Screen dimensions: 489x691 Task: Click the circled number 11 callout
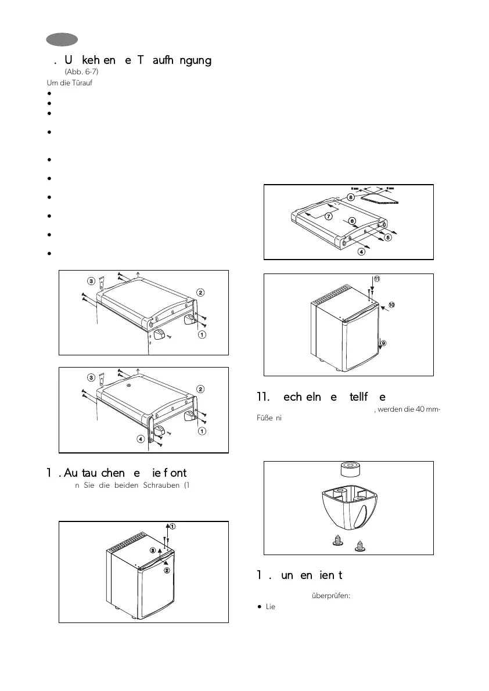point(376,279)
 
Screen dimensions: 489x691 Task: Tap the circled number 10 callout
point(391,304)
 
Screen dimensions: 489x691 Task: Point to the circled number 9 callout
point(383,343)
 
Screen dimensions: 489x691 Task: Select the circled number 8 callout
point(351,197)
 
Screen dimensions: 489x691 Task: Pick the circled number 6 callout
point(352,221)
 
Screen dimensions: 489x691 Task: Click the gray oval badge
point(63,39)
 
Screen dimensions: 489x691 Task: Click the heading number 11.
point(263,397)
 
